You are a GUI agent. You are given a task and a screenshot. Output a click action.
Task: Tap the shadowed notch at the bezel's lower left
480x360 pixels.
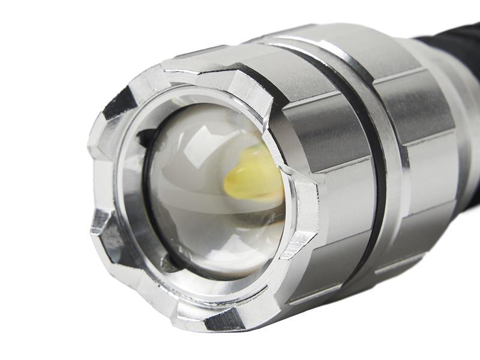[111, 240]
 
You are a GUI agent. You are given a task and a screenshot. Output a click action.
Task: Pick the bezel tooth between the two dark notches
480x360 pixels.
[99, 174]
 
